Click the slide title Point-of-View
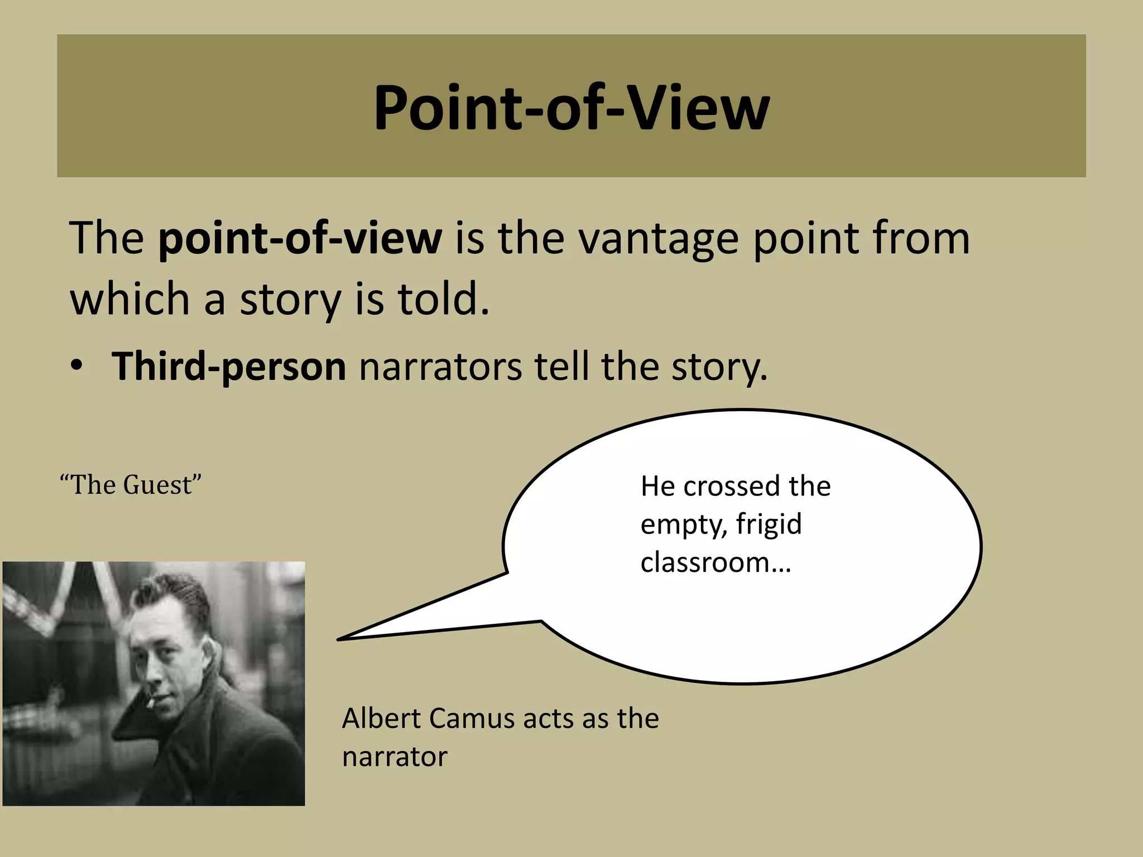click(571, 107)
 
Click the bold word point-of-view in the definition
click(300, 239)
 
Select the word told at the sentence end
click(443, 299)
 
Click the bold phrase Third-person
click(229, 367)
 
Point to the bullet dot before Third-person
click(76, 367)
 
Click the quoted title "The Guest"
click(131, 484)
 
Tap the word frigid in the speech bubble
click(769, 524)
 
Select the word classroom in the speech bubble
click(705, 562)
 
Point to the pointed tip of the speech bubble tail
click(339, 639)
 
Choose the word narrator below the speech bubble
click(395, 757)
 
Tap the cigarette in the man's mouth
click(150, 701)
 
